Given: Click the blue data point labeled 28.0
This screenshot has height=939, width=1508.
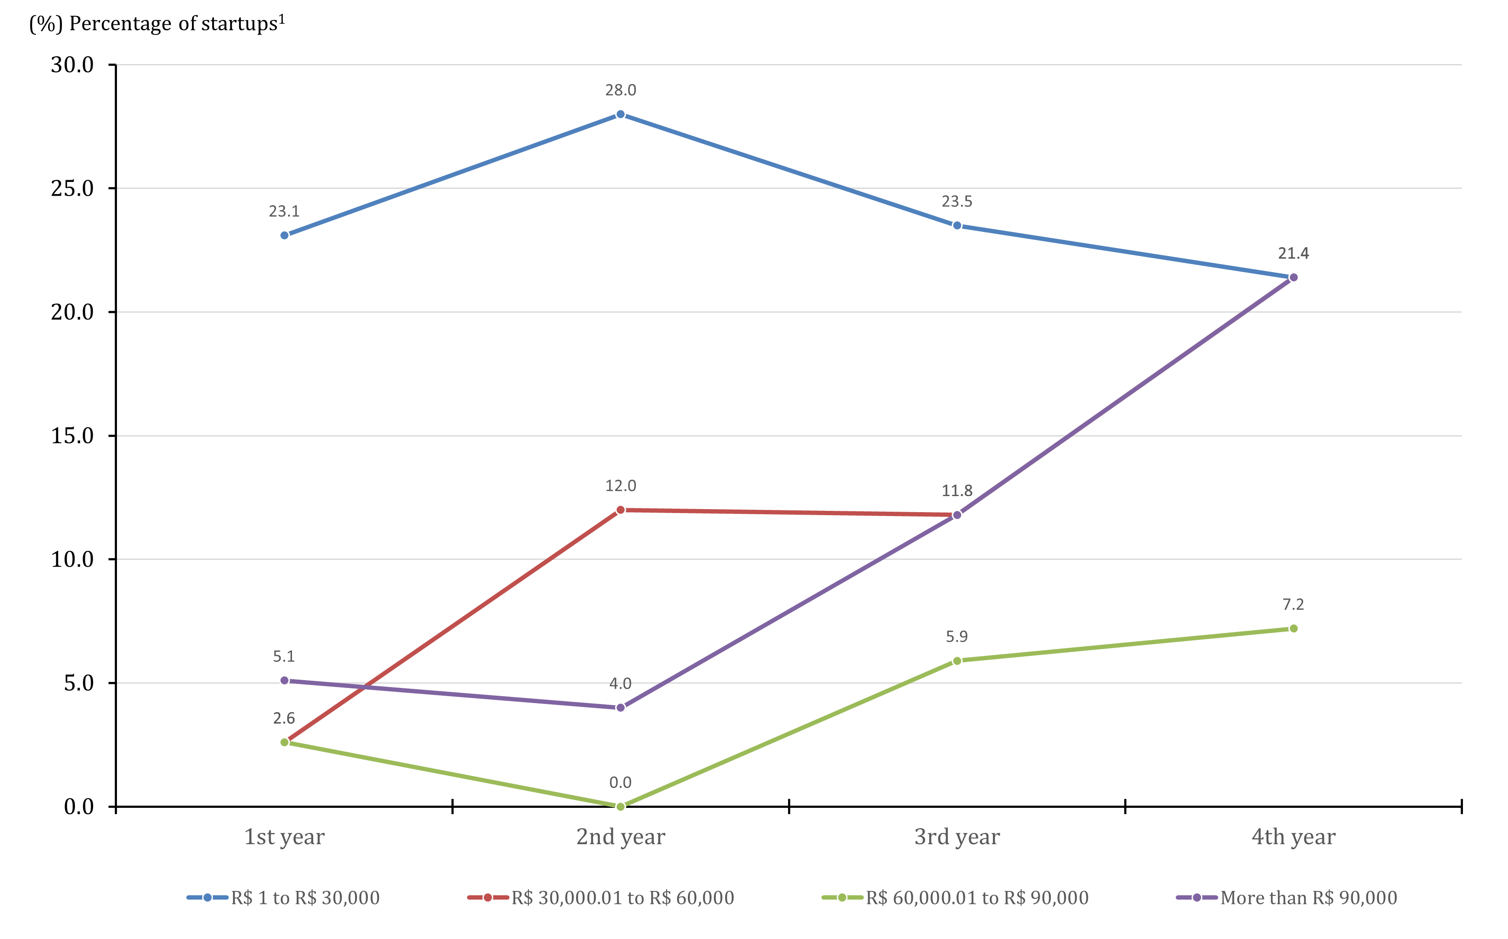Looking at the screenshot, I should click(620, 114).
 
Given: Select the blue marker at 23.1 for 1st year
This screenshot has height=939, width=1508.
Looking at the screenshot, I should click(284, 236).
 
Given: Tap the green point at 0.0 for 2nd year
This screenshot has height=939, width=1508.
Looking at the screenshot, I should click(620, 806).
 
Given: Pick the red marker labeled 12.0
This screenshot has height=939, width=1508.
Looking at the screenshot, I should click(620, 510).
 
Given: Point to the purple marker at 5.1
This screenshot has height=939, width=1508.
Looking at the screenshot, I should click(284, 681).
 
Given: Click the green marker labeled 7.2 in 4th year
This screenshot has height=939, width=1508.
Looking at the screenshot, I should click(1293, 629).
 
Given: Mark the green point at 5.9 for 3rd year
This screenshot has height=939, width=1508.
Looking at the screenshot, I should click(957, 661).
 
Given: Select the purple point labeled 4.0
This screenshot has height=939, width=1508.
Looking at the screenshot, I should click(620, 707).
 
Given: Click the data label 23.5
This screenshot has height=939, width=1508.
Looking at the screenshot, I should click(957, 201).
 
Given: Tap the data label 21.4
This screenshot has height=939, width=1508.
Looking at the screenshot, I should click(1293, 253).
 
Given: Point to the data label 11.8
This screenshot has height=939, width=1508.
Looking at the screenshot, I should click(957, 490).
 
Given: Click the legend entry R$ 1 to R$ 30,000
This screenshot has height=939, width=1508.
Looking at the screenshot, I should click(305, 897).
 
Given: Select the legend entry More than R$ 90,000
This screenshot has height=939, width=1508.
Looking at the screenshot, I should click(1308, 897).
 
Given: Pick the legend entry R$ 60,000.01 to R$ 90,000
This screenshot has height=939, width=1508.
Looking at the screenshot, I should click(977, 897).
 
